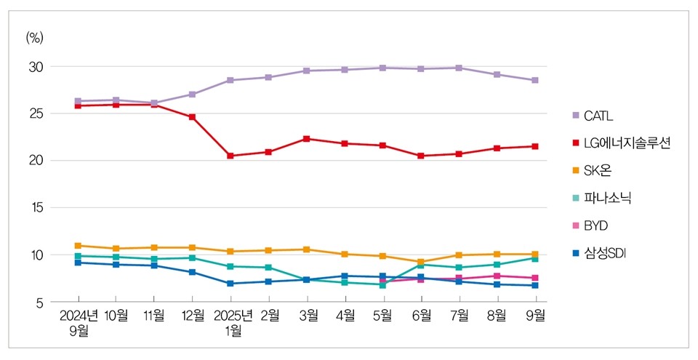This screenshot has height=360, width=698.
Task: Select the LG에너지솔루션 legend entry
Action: (621, 143)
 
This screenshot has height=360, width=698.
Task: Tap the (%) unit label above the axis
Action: (35, 38)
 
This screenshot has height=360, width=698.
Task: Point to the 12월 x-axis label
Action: (193, 315)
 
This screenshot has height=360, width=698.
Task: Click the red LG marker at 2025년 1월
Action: (230, 156)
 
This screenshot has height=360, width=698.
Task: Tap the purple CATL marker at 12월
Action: (193, 95)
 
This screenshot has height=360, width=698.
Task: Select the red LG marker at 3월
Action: (307, 138)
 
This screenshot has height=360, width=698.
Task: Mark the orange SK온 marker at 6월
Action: (421, 262)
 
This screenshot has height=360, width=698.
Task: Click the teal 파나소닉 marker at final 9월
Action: (535, 258)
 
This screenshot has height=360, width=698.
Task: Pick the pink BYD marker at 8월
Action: (497, 276)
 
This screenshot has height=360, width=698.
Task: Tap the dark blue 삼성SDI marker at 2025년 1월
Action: (230, 284)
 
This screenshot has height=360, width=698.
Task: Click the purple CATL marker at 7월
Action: (460, 68)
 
